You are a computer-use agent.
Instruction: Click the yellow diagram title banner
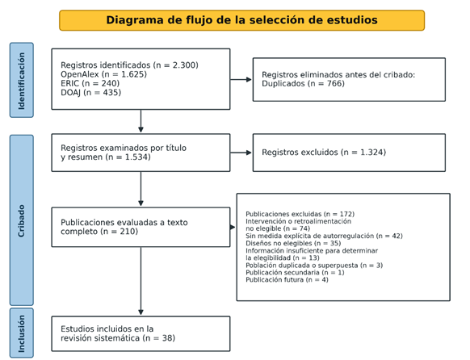pyautogui.click(x=241, y=20)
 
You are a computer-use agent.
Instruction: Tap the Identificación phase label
pyautogui.click(x=22, y=80)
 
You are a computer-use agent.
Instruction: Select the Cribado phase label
pyautogui.click(x=22, y=220)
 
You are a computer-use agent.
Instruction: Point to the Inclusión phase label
pyautogui.click(x=22, y=333)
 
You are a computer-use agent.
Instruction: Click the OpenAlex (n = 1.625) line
pyautogui.click(x=103, y=74)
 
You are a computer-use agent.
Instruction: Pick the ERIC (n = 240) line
pyautogui.click(x=90, y=83)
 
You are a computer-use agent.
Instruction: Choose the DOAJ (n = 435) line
pyautogui.click(x=90, y=93)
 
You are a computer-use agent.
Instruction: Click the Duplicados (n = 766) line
pyautogui.click(x=303, y=84)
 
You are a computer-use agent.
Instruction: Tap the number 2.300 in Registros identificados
pyautogui.click(x=184, y=65)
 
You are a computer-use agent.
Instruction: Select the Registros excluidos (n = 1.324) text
pyautogui.click(x=324, y=153)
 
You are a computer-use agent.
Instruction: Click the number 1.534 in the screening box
pyautogui.click(x=136, y=157)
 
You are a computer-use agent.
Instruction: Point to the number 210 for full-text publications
pyautogui.click(x=128, y=232)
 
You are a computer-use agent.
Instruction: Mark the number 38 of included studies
pyautogui.click(x=167, y=338)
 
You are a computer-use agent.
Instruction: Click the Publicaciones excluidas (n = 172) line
pyautogui.click(x=300, y=214)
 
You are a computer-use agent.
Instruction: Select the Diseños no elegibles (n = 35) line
pyautogui.click(x=293, y=243)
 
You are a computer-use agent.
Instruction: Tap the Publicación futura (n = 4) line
pyautogui.click(x=287, y=280)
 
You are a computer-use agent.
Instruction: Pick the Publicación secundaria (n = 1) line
pyautogui.click(x=295, y=273)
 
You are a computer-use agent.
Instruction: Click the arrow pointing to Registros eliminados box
pyautogui.click(x=241, y=79)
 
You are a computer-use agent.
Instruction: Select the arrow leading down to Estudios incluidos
pyautogui.click(x=141, y=281)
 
